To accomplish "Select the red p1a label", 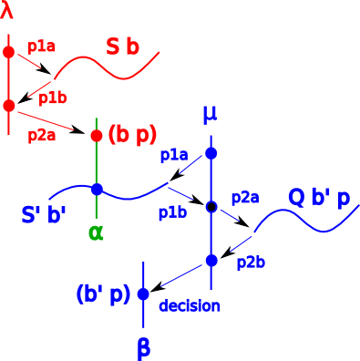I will [42, 47].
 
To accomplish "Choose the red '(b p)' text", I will [132, 136].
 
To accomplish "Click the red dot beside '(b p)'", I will [97, 136].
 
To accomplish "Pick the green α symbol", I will [97, 232].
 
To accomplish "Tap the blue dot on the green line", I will [97, 189].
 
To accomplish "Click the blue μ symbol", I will [211, 115].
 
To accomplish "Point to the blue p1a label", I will [172, 155].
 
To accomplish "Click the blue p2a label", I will [245, 197].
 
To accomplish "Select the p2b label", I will [251, 263].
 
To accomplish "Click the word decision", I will [190, 306].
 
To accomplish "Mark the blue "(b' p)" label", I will [104, 294].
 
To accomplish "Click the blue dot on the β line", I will [143, 294].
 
